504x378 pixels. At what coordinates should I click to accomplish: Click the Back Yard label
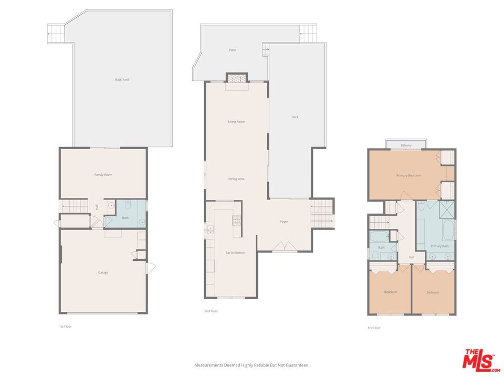[x=122, y=80]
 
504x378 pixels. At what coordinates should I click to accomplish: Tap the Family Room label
[x=103, y=175]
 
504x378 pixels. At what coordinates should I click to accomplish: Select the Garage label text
[x=103, y=272]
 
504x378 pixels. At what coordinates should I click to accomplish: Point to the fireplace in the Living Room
[x=236, y=78]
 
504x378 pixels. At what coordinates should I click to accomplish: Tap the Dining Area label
[x=236, y=179]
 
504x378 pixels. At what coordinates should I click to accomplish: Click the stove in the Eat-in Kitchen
[x=236, y=220]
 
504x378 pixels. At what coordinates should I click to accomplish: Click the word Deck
[x=295, y=117]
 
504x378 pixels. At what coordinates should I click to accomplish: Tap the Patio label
[x=232, y=50]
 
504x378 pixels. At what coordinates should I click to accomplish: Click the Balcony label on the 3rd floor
[x=406, y=145]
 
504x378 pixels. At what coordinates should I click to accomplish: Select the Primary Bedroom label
[x=408, y=175]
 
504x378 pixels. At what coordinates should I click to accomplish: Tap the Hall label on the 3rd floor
[x=412, y=257]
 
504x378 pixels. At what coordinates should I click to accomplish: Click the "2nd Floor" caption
[x=211, y=311]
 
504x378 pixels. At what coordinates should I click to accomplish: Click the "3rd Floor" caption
[x=374, y=328]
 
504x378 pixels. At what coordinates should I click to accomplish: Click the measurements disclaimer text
[x=251, y=365]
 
